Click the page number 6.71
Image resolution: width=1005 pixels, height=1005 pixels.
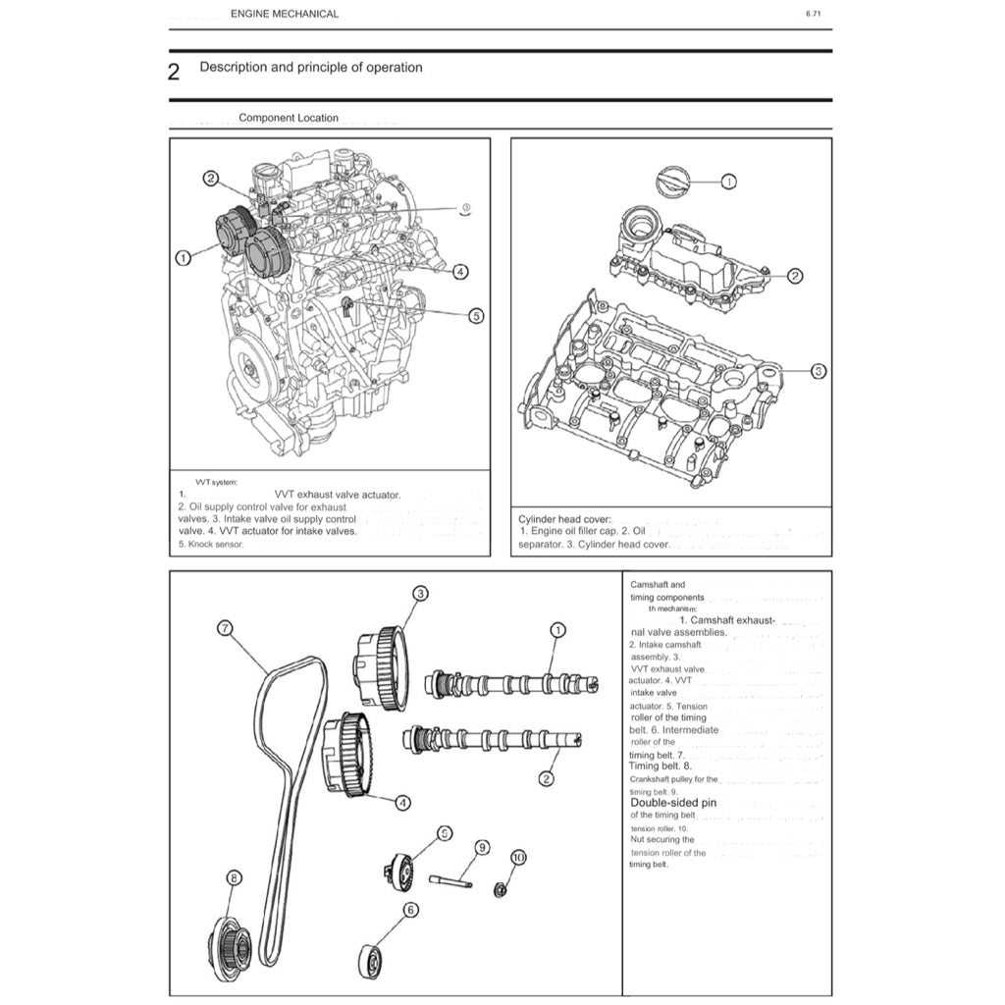813,14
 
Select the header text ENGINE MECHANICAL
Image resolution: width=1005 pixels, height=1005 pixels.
285,14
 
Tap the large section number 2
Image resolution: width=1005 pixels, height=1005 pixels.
174,72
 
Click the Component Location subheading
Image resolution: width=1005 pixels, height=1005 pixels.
289,118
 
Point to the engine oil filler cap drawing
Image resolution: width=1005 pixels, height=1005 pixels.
670,183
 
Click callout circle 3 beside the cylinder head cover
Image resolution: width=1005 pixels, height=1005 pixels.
820,372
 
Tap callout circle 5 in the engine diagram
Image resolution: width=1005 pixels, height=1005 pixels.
476,316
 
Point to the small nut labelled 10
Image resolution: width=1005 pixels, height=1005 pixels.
500,890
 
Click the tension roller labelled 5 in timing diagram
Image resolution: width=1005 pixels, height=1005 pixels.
400,871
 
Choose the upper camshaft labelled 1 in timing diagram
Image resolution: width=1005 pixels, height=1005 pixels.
510,682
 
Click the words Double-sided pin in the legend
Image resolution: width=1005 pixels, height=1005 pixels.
673,802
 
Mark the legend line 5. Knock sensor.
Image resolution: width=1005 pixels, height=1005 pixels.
211,544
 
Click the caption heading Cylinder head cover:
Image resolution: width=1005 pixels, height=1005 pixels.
564,518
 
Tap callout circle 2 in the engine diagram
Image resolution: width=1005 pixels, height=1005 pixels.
211,178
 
